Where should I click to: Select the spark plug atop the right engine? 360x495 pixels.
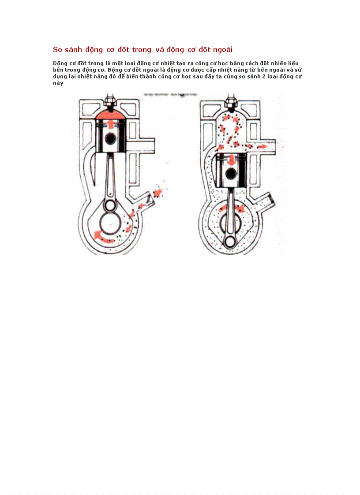coord(230,102)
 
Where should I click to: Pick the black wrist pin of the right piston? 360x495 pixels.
coord(231,173)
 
